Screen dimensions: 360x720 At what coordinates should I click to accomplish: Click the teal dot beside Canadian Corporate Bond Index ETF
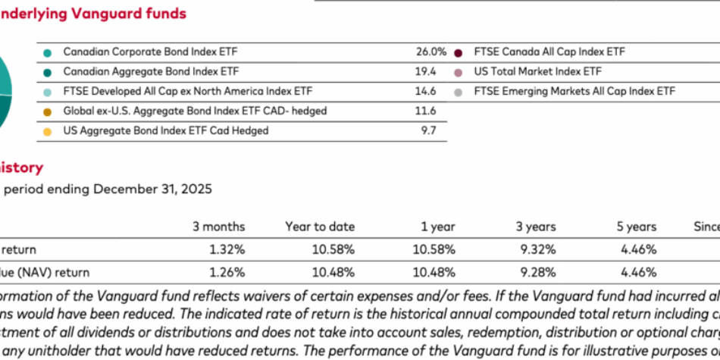point(48,53)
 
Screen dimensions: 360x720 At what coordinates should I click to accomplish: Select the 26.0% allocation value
point(431,52)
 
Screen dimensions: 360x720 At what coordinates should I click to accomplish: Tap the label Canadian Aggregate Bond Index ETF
point(151,72)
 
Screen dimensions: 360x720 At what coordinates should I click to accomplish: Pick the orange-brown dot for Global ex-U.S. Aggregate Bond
point(48,112)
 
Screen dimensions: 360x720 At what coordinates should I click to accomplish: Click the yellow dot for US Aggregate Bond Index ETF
point(48,132)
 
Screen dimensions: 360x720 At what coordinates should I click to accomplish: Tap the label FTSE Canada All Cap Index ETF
point(549,52)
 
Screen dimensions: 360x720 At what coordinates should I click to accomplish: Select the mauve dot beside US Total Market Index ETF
point(458,73)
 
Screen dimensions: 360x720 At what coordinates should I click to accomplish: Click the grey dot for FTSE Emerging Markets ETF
point(458,92)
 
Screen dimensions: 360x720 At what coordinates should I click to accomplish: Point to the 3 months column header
point(219,227)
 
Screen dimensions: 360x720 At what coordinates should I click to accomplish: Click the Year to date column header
point(320,227)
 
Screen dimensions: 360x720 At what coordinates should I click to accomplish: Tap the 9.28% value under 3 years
point(537,272)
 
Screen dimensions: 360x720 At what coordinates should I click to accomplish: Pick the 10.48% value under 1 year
point(434,272)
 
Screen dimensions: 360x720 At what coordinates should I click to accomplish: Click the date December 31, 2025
point(152,189)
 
